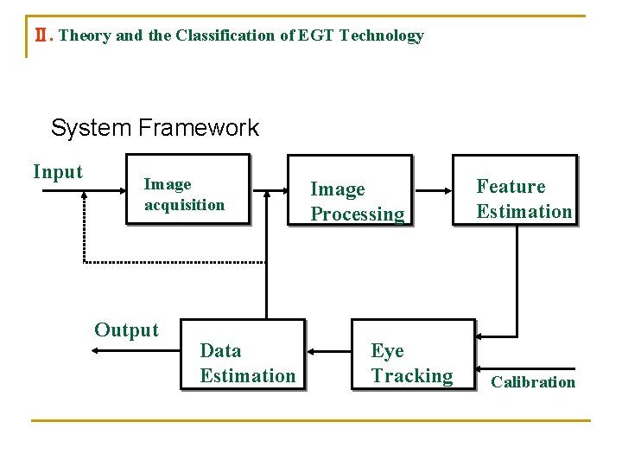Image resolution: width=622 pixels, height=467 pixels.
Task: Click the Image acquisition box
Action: (187, 190)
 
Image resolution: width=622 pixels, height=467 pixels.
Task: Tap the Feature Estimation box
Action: (514, 191)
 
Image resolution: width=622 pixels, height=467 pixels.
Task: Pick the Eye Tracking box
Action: (413, 355)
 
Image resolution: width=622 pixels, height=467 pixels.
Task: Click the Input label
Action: (58, 172)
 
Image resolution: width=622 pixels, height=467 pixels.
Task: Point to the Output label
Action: (126, 330)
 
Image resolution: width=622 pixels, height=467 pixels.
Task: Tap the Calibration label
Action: (533, 382)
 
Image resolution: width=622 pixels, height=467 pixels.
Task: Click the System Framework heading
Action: (155, 129)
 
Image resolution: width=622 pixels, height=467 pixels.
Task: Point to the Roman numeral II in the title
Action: (36, 36)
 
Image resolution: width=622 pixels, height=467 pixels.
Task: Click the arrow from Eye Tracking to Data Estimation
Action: (328, 352)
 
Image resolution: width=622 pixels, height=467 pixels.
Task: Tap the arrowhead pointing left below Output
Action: (97, 350)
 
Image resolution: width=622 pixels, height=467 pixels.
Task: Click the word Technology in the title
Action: (382, 36)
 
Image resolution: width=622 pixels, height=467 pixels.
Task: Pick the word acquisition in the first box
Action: (184, 205)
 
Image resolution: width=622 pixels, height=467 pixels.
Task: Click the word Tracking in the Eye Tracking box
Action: (412, 376)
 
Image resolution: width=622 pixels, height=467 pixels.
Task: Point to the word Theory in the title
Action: (85, 36)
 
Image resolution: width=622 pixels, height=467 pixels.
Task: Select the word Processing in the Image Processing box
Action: (358, 214)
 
